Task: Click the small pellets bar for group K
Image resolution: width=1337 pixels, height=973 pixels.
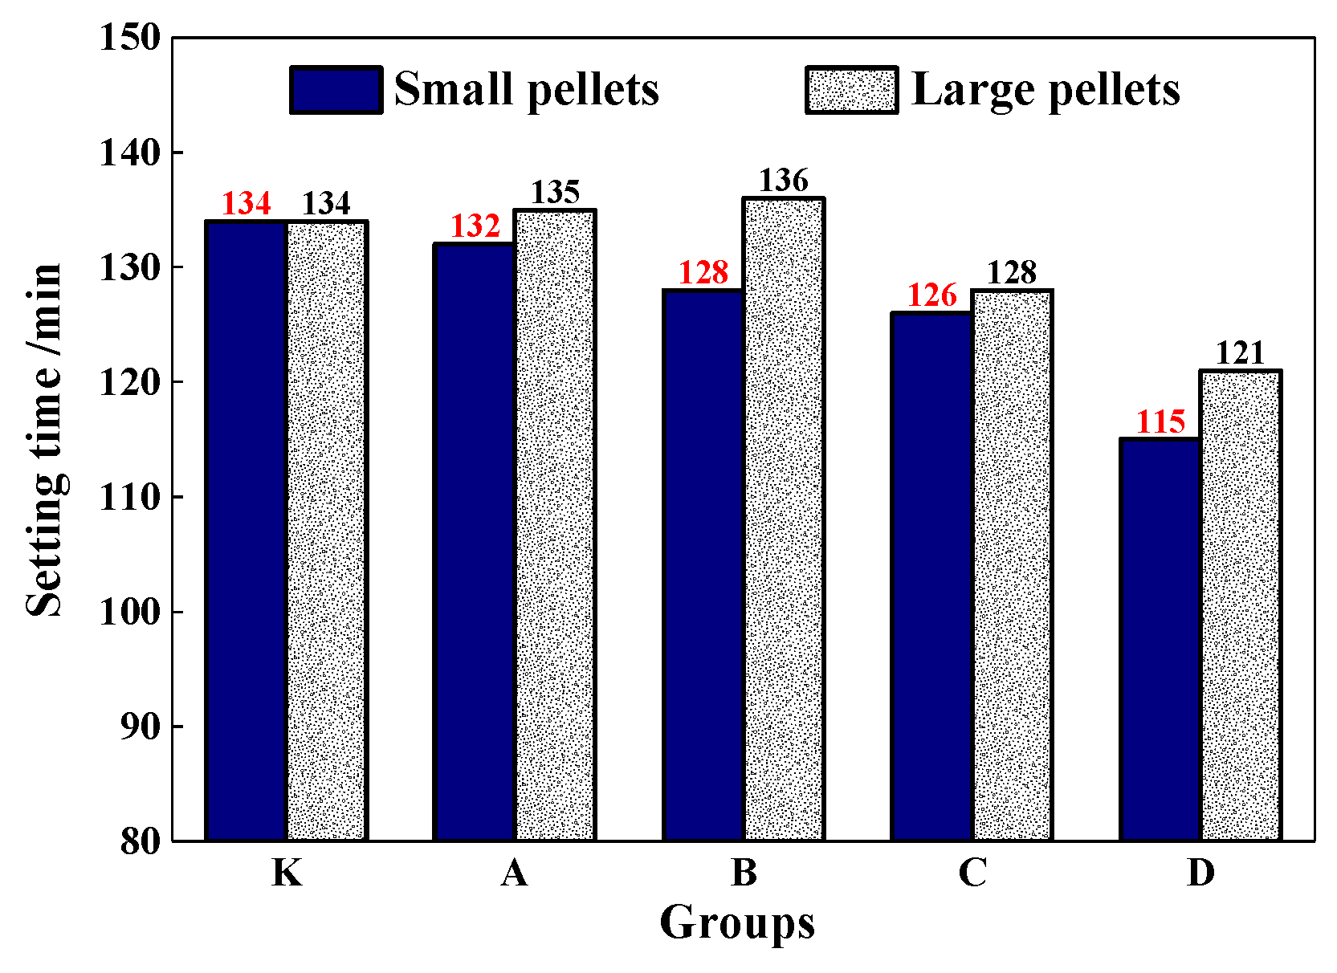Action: coord(246,530)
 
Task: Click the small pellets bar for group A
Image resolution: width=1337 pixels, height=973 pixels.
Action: coord(475,542)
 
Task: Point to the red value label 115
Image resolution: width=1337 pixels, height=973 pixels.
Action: coord(1160,422)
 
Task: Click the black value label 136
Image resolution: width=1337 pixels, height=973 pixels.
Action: coord(784,181)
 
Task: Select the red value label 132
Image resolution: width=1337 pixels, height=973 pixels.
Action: coord(475,227)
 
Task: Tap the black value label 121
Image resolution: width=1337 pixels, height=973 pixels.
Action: coord(1240,354)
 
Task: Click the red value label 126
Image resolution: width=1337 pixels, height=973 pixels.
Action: coord(931,296)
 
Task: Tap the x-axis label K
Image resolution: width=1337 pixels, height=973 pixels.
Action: coord(287,873)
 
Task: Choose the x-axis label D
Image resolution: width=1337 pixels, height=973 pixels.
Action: coord(1200,873)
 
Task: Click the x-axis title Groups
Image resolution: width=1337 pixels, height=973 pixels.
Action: coord(737,922)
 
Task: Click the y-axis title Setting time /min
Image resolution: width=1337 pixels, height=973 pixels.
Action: coord(44,440)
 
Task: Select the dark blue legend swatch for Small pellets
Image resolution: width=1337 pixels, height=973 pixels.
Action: coord(336,90)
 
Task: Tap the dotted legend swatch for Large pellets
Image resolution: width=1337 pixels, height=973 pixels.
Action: coord(851,90)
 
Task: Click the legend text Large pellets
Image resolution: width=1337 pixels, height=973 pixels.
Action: coord(1046,90)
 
